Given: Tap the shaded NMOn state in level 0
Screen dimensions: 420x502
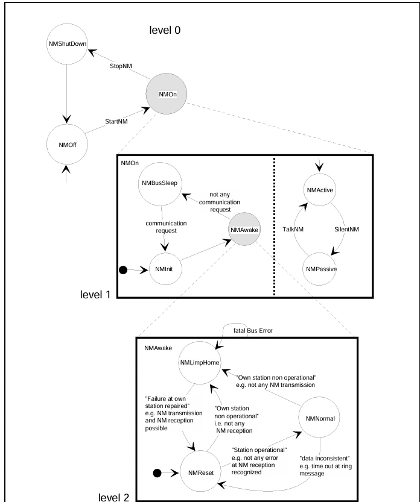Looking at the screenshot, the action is [167, 94].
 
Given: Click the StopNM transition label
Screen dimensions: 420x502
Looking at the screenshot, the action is [121, 66].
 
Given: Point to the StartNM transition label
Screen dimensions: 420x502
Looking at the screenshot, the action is [116, 121].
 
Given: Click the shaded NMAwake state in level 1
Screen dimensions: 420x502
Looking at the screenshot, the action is [244, 229].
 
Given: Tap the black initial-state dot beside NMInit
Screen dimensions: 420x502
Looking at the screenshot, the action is [123, 270].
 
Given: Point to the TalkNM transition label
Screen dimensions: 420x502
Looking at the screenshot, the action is [293, 229].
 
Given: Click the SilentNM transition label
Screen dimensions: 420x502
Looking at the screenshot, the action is [346, 229].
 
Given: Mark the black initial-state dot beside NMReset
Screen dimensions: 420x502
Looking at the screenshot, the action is [157, 473].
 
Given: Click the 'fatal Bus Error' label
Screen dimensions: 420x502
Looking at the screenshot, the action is [253, 330].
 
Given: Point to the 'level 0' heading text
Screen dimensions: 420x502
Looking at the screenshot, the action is [165, 30].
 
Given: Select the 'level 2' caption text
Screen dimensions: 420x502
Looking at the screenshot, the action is [113, 497].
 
